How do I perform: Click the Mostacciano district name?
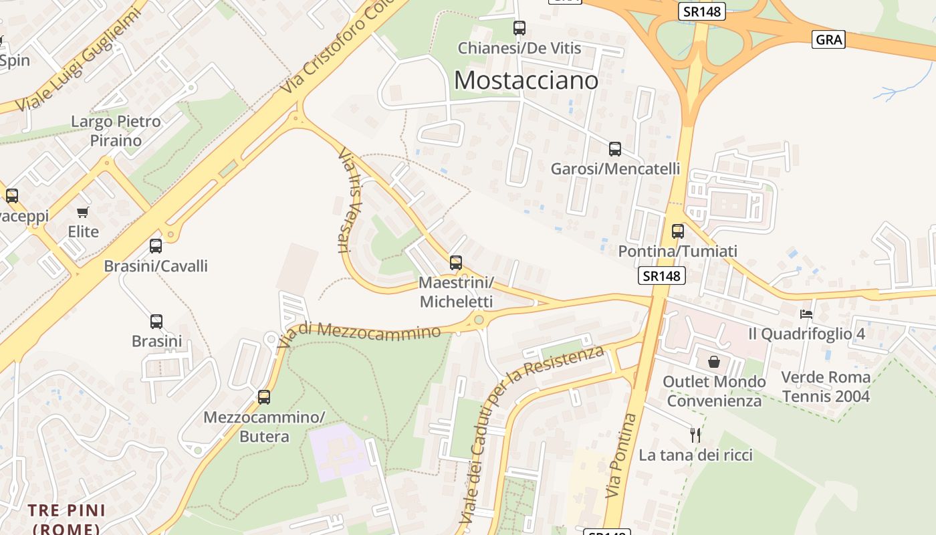[x=526, y=80]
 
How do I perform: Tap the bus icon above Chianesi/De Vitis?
[x=519, y=28]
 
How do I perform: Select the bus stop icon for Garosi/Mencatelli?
[x=615, y=149]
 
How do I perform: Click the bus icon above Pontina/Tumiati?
[x=678, y=231]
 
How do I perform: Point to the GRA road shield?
[x=829, y=39]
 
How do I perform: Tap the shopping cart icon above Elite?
[x=83, y=213]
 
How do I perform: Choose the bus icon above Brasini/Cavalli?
[x=156, y=246]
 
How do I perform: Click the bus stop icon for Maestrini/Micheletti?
[x=456, y=263]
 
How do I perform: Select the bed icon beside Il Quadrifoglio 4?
[x=806, y=314]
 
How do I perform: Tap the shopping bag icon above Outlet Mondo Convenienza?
[x=714, y=362]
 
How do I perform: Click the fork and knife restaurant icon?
[x=695, y=435]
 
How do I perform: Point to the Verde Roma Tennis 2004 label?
[x=826, y=387]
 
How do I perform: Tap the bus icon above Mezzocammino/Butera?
[x=264, y=397]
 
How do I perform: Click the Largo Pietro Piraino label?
[x=116, y=131]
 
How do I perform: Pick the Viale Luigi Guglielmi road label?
[x=78, y=60]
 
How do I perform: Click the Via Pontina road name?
[x=619, y=455]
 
